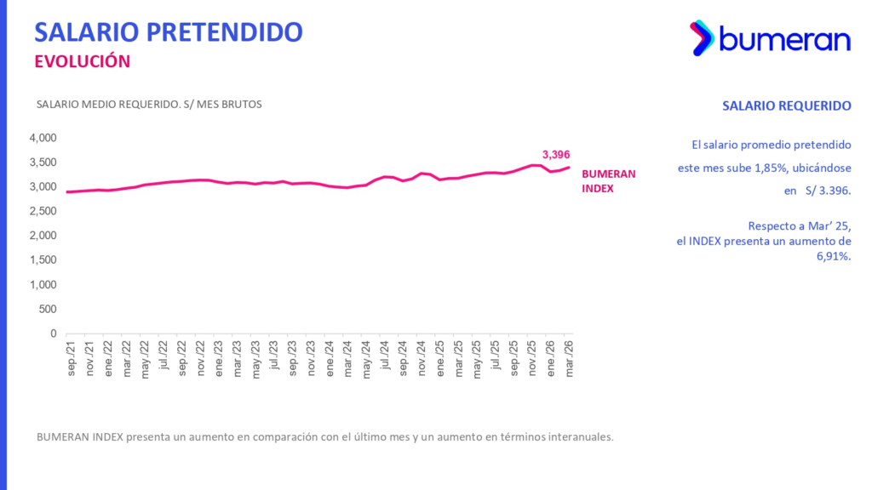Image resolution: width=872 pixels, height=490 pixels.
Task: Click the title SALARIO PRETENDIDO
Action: coord(168,32)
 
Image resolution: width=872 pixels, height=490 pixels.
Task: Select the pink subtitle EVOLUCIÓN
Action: coord(82,61)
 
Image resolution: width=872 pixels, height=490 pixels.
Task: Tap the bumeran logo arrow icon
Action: coord(701,38)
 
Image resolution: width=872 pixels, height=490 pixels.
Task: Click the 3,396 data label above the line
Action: coord(555,154)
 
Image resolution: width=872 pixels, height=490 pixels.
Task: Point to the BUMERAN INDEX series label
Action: coord(608,181)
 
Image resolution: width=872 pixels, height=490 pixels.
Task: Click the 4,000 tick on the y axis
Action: coord(42,138)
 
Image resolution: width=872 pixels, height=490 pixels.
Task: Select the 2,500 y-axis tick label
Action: coord(42,212)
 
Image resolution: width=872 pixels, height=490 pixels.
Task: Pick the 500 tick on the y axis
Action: coord(47,310)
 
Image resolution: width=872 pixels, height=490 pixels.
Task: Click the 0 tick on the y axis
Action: coord(53,334)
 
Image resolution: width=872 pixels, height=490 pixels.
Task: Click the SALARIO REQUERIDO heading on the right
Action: coord(786,106)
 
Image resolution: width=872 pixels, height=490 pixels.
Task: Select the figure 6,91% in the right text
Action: coord(833,256)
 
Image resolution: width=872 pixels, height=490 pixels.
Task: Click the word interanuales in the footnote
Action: coord(579,436)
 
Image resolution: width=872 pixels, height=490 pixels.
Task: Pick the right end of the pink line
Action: coord(569,168)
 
